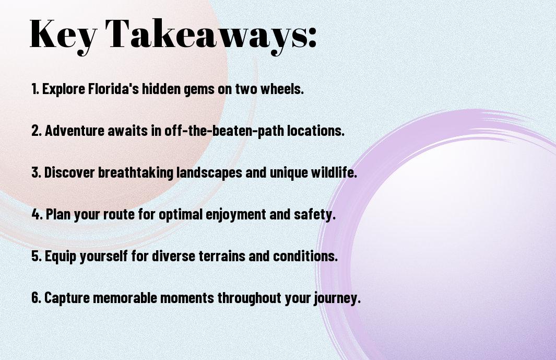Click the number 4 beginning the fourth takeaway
pos(37,214)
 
